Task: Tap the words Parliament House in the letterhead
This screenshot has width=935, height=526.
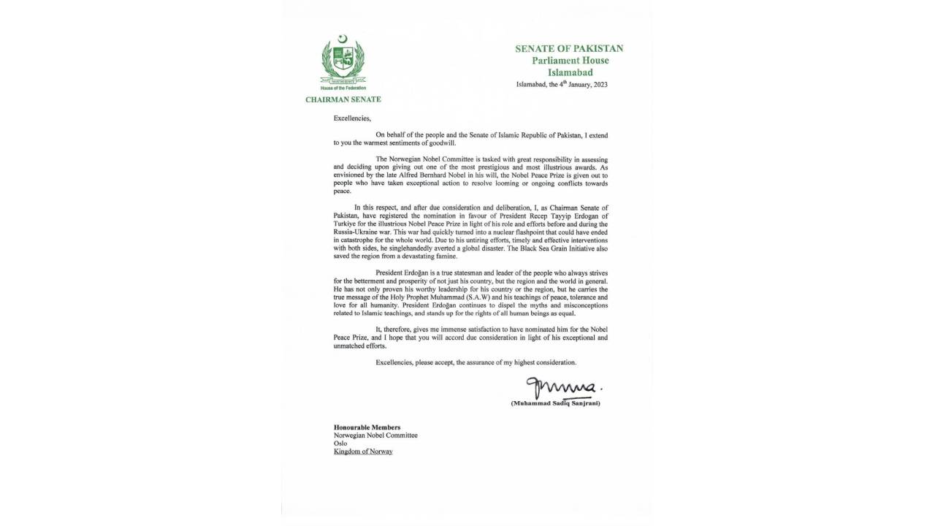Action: [x=569, y=61]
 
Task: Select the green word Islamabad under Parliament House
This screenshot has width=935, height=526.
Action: [x=570, y=72]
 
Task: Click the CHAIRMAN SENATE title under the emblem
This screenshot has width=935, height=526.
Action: [x=343, y=99]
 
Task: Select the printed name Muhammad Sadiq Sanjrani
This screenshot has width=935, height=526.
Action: [x=560, y=403]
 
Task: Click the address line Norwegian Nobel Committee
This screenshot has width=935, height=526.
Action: [x=375, y=435]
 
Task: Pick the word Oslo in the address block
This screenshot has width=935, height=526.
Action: [x=341, y=443]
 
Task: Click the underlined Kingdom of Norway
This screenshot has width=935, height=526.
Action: [x=363, y=451]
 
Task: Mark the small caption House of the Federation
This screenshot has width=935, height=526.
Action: [x=343, y=88]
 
